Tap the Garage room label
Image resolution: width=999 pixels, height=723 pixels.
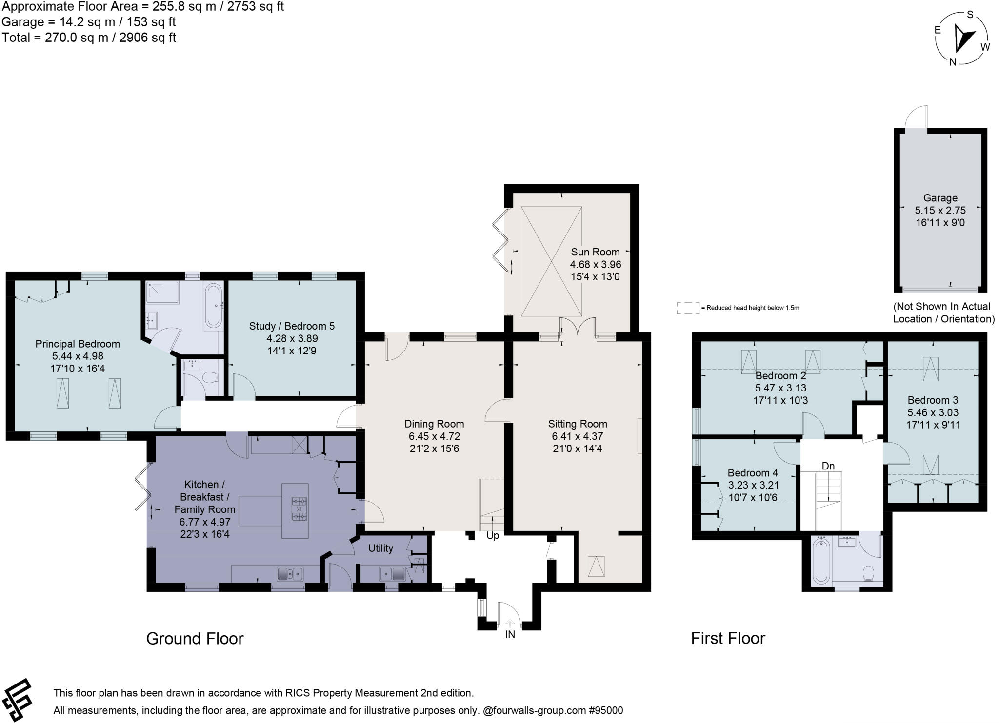click(940, 198)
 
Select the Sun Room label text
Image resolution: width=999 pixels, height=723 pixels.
click(595, 252)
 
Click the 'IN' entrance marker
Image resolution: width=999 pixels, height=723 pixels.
click(510, 634)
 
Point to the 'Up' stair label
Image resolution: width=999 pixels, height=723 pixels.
click(493, 536)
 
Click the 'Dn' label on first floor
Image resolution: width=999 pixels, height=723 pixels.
click(828, 466)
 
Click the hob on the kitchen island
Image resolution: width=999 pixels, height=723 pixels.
click(299, 508)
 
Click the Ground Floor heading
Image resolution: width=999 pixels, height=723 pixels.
click(195, 639)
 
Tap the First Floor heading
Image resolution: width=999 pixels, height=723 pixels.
click(728, 638)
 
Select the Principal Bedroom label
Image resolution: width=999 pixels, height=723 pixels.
click(78, 344)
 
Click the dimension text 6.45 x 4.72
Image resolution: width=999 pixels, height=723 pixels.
click(434, 436)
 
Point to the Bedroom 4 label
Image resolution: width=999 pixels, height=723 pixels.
click(753, 473)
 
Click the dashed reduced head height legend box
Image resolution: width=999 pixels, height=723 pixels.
click(688, 308)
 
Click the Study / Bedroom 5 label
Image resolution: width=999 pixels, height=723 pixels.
click(292, 326)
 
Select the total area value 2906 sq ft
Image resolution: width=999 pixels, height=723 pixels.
click(147, 38)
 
